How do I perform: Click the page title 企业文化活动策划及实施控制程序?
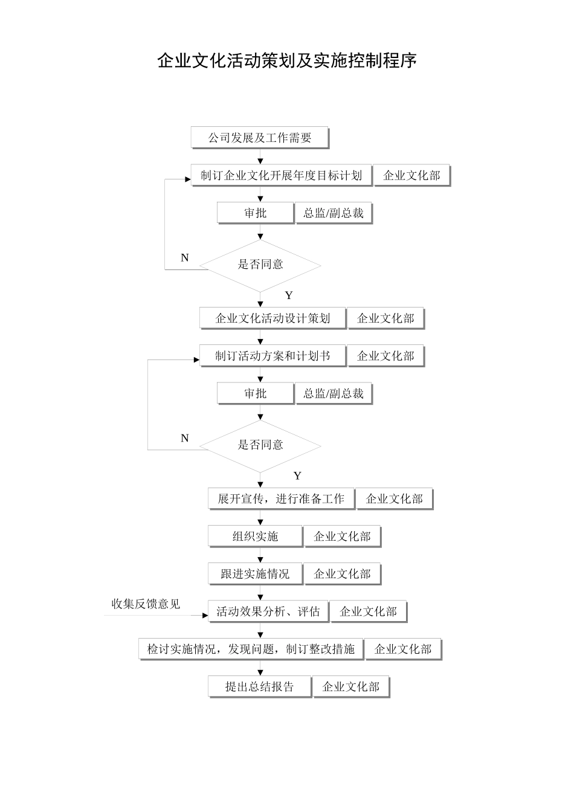click(x=287, y=61)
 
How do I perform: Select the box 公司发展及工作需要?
click(x=260, y=138)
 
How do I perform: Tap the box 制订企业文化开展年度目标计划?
click(x=281, y=176)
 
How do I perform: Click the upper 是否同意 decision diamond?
click(x=260, y=265)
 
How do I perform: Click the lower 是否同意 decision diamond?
click(x=260, y=445)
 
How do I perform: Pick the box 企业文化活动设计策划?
click(x=273, y=318)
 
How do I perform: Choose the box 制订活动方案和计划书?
click(x=273, y=356)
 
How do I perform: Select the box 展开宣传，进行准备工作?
click(x=281, y=499)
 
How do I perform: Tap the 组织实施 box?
click(x=256, y=536)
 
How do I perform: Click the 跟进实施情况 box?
click(x=256, y=574)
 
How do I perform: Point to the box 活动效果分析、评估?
click(x=268, y=611)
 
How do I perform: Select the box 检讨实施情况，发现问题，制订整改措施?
click(x=251, y=649)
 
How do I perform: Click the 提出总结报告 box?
click(x=260, y=687)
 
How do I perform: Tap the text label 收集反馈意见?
click(x=146, y=604)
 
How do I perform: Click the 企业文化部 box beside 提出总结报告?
click(x=351, y=687)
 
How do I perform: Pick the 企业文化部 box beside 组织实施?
click(x=343, y=536)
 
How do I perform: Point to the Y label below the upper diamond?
click(x=289, y=295)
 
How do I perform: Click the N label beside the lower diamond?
click(x=185, y=439)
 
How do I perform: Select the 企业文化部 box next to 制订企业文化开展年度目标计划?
click(x=412, y=176)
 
